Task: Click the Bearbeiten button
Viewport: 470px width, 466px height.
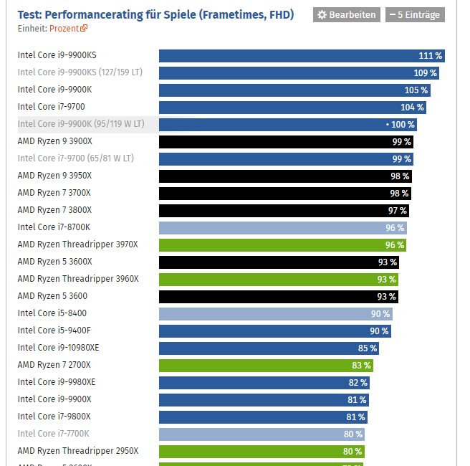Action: (347, 15)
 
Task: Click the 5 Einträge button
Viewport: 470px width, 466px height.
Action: (415, 15)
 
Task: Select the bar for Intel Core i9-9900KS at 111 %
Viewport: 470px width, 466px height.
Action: (302, 56)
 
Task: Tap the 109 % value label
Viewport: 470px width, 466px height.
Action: (425, 73)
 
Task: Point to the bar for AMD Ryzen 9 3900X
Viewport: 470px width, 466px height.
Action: (286, 142)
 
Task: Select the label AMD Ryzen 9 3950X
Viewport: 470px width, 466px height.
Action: (54, 176)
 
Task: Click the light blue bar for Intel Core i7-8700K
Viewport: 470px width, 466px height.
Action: (283, 228)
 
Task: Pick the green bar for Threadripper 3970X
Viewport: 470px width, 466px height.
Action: (282, 245)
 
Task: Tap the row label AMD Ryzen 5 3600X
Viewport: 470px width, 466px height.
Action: (54, 262)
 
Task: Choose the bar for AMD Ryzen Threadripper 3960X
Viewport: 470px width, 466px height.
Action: (278, 280)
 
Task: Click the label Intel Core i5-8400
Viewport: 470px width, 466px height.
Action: (52, 313)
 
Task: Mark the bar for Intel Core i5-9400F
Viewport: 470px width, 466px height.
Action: (275, 331)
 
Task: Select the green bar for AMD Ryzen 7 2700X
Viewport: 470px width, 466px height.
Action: (266, 366)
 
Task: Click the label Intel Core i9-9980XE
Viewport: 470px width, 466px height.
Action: (57, 382)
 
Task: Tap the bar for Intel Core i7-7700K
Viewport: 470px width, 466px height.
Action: (262, 434)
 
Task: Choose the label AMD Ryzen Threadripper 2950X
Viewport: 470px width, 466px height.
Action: (78, 451)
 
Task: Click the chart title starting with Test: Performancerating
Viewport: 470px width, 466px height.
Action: (155, 14)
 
